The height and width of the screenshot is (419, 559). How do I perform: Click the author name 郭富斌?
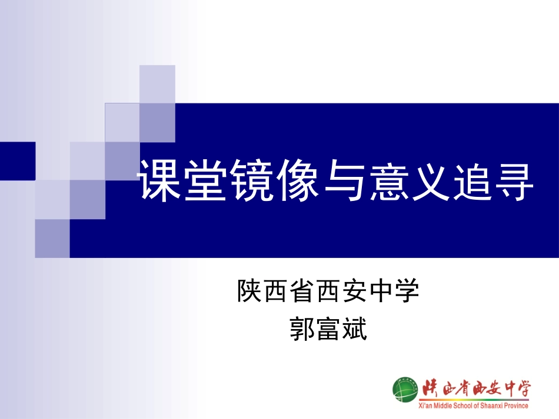[x=328, y=329]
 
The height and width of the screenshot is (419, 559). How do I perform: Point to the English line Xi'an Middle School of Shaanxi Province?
[x=473, y=405]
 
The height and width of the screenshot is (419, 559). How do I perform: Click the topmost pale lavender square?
[x=157, y=83]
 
